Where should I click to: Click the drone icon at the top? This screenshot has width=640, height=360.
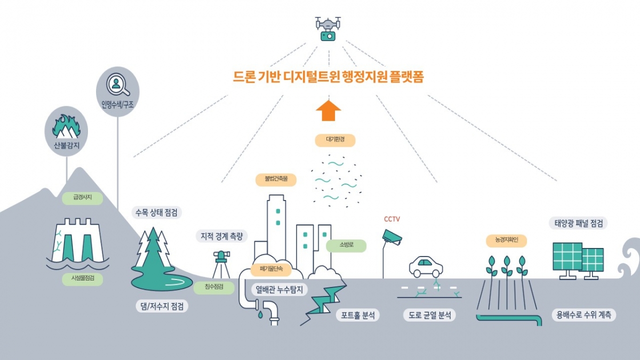click(328, 28)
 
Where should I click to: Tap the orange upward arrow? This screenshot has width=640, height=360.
click(328, 110)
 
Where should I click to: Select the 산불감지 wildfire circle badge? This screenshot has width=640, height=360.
click(66, 131)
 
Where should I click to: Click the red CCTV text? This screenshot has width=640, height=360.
click(392, 219)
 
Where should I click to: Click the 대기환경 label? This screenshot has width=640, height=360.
click(333, 140)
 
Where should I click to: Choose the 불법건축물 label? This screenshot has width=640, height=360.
click(275, 179)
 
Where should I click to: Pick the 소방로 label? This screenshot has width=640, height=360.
click(346, 245)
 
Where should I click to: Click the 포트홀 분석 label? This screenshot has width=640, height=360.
click(357, 315)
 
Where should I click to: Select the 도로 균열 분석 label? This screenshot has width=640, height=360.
click(429, 315)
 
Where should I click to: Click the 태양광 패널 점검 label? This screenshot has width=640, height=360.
click(578, 223)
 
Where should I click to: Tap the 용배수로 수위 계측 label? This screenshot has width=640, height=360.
click(583, 315)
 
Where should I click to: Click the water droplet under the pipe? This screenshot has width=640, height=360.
click(260, 315)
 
